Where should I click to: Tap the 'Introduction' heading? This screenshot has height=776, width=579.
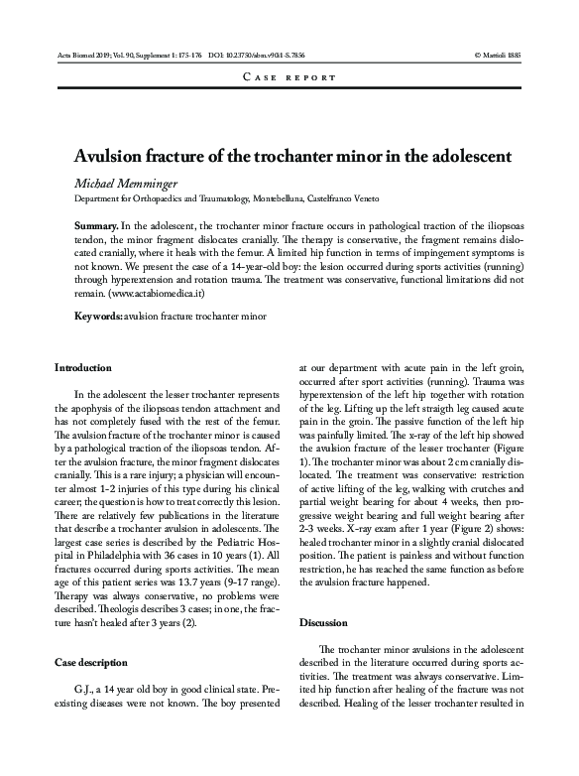83,367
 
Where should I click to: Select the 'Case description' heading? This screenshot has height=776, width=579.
90,661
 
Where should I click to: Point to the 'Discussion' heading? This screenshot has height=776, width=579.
322,622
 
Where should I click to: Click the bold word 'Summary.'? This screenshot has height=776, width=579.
98,227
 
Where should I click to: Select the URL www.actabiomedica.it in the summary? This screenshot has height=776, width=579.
152,295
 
